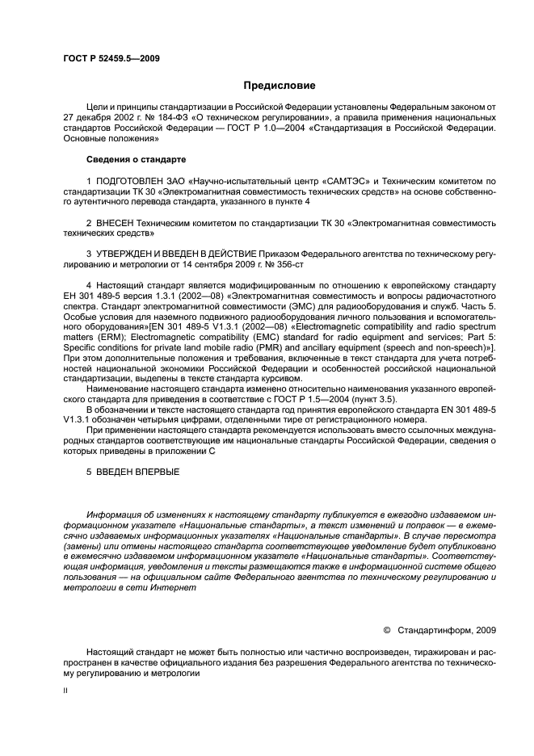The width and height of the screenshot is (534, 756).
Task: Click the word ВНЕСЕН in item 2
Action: [116, 221]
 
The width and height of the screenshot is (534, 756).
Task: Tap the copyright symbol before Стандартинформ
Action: [387, 628]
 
